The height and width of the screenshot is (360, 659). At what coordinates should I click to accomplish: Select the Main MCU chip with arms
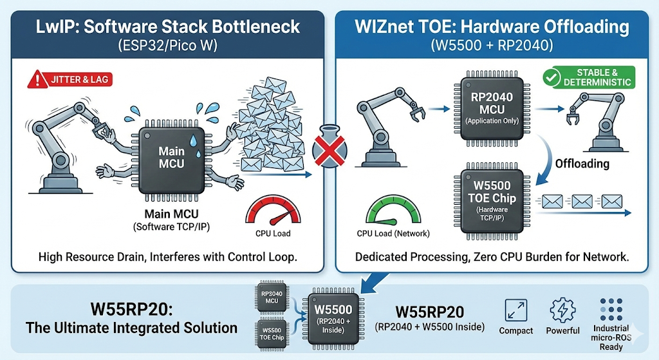pos(172,157)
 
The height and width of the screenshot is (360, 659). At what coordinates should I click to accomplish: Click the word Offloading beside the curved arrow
pos(582,164)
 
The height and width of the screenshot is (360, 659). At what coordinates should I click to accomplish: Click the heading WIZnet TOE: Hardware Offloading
pos(493,27)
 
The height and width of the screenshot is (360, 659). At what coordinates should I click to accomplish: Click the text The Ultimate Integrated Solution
pos(132,327)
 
